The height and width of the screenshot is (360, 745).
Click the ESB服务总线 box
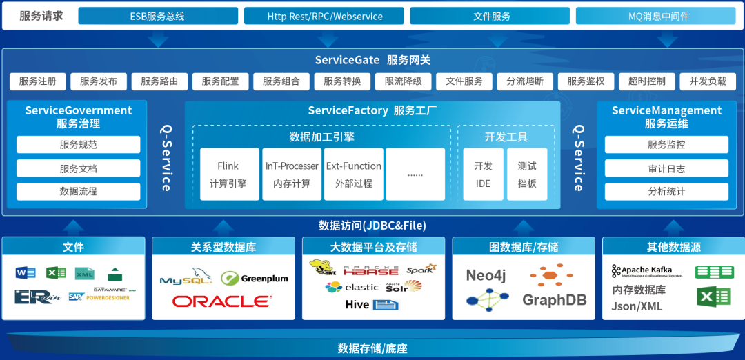(x=157, y=16)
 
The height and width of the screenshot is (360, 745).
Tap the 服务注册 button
(x=38, y=81)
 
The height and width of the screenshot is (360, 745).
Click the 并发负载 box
(x=707, y=81)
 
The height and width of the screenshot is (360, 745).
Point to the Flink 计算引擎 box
(x=229, y=174)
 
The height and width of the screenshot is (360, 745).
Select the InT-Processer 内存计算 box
(x=292, y=174)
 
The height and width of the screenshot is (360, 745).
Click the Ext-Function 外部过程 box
(x=353, y=174)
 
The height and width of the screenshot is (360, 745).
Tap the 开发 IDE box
(x=483, y=174)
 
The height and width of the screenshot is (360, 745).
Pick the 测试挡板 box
(x=527, y=174)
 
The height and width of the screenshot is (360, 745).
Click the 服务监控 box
(x=666, y=145)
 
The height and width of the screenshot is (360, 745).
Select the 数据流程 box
(x=78, y=192)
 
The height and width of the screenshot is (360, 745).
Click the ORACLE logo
(x=222, y=301)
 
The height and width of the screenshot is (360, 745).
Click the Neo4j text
(x=486, y=275)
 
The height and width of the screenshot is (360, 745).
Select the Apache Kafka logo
(x=642, y=271)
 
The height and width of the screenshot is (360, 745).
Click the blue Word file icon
(x=26, y=273)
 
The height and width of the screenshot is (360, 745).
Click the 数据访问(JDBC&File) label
(x=372, y=226)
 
